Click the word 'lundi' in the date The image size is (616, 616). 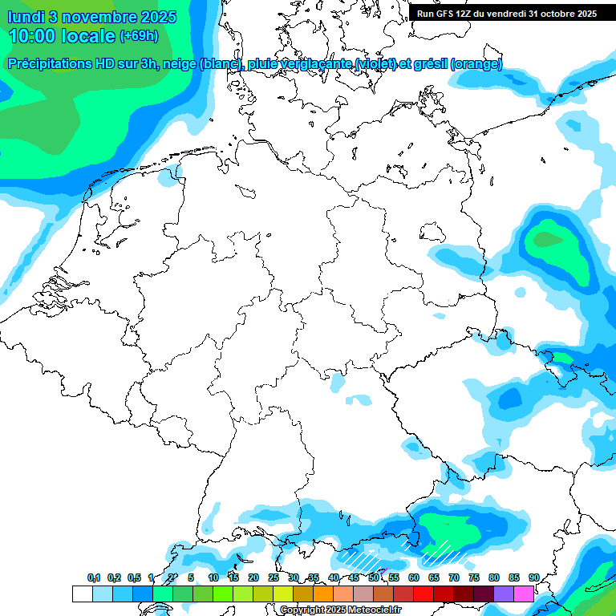pos(27,16)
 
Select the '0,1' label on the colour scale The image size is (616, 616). pos(94,577)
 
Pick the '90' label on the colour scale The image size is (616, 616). pos(533,577)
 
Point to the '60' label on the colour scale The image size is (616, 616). pos(414,577)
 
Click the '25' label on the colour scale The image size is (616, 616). pos(274,577)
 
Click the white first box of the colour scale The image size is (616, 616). pos(82,594)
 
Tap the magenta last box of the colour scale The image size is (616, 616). pos(524,594)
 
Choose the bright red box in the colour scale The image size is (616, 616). pos(423,594)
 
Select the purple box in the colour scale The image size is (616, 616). pos(504,594)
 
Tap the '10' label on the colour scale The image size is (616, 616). pos(213,577)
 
